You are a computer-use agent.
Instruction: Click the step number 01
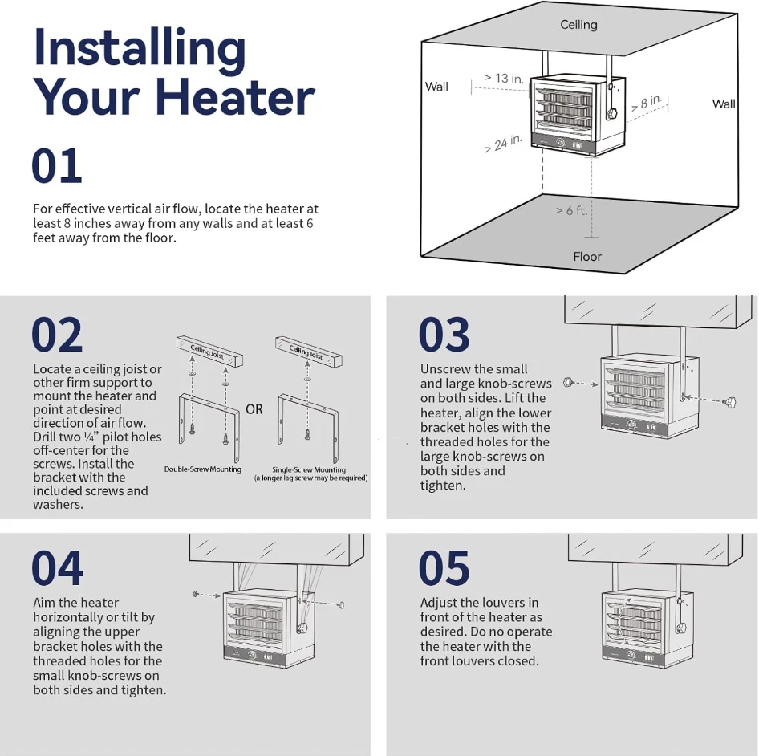[56, 166]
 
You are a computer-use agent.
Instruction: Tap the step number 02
[57, 335]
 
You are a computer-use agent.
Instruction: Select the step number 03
[444, 335]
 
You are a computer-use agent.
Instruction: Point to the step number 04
[57, 568]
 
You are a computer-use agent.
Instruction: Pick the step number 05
[444, 568]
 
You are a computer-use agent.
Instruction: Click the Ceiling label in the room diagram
[578, 25]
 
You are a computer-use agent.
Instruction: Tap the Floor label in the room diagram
[587, 257]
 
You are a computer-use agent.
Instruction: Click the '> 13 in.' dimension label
[504, 79]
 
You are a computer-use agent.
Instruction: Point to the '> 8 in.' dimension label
[647, 104]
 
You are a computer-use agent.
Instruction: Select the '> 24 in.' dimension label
[503, 144]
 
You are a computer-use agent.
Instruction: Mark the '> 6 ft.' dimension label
[570, 210]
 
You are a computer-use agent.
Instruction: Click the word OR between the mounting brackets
[254, 409]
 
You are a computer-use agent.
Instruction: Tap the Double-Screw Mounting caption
[203, 469]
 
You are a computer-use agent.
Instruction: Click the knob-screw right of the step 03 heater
[732, 401]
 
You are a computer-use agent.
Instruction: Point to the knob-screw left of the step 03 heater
[569, 384]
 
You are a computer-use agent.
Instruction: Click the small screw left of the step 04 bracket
[195, 593]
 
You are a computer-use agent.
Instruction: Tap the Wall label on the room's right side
[724, 104]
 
